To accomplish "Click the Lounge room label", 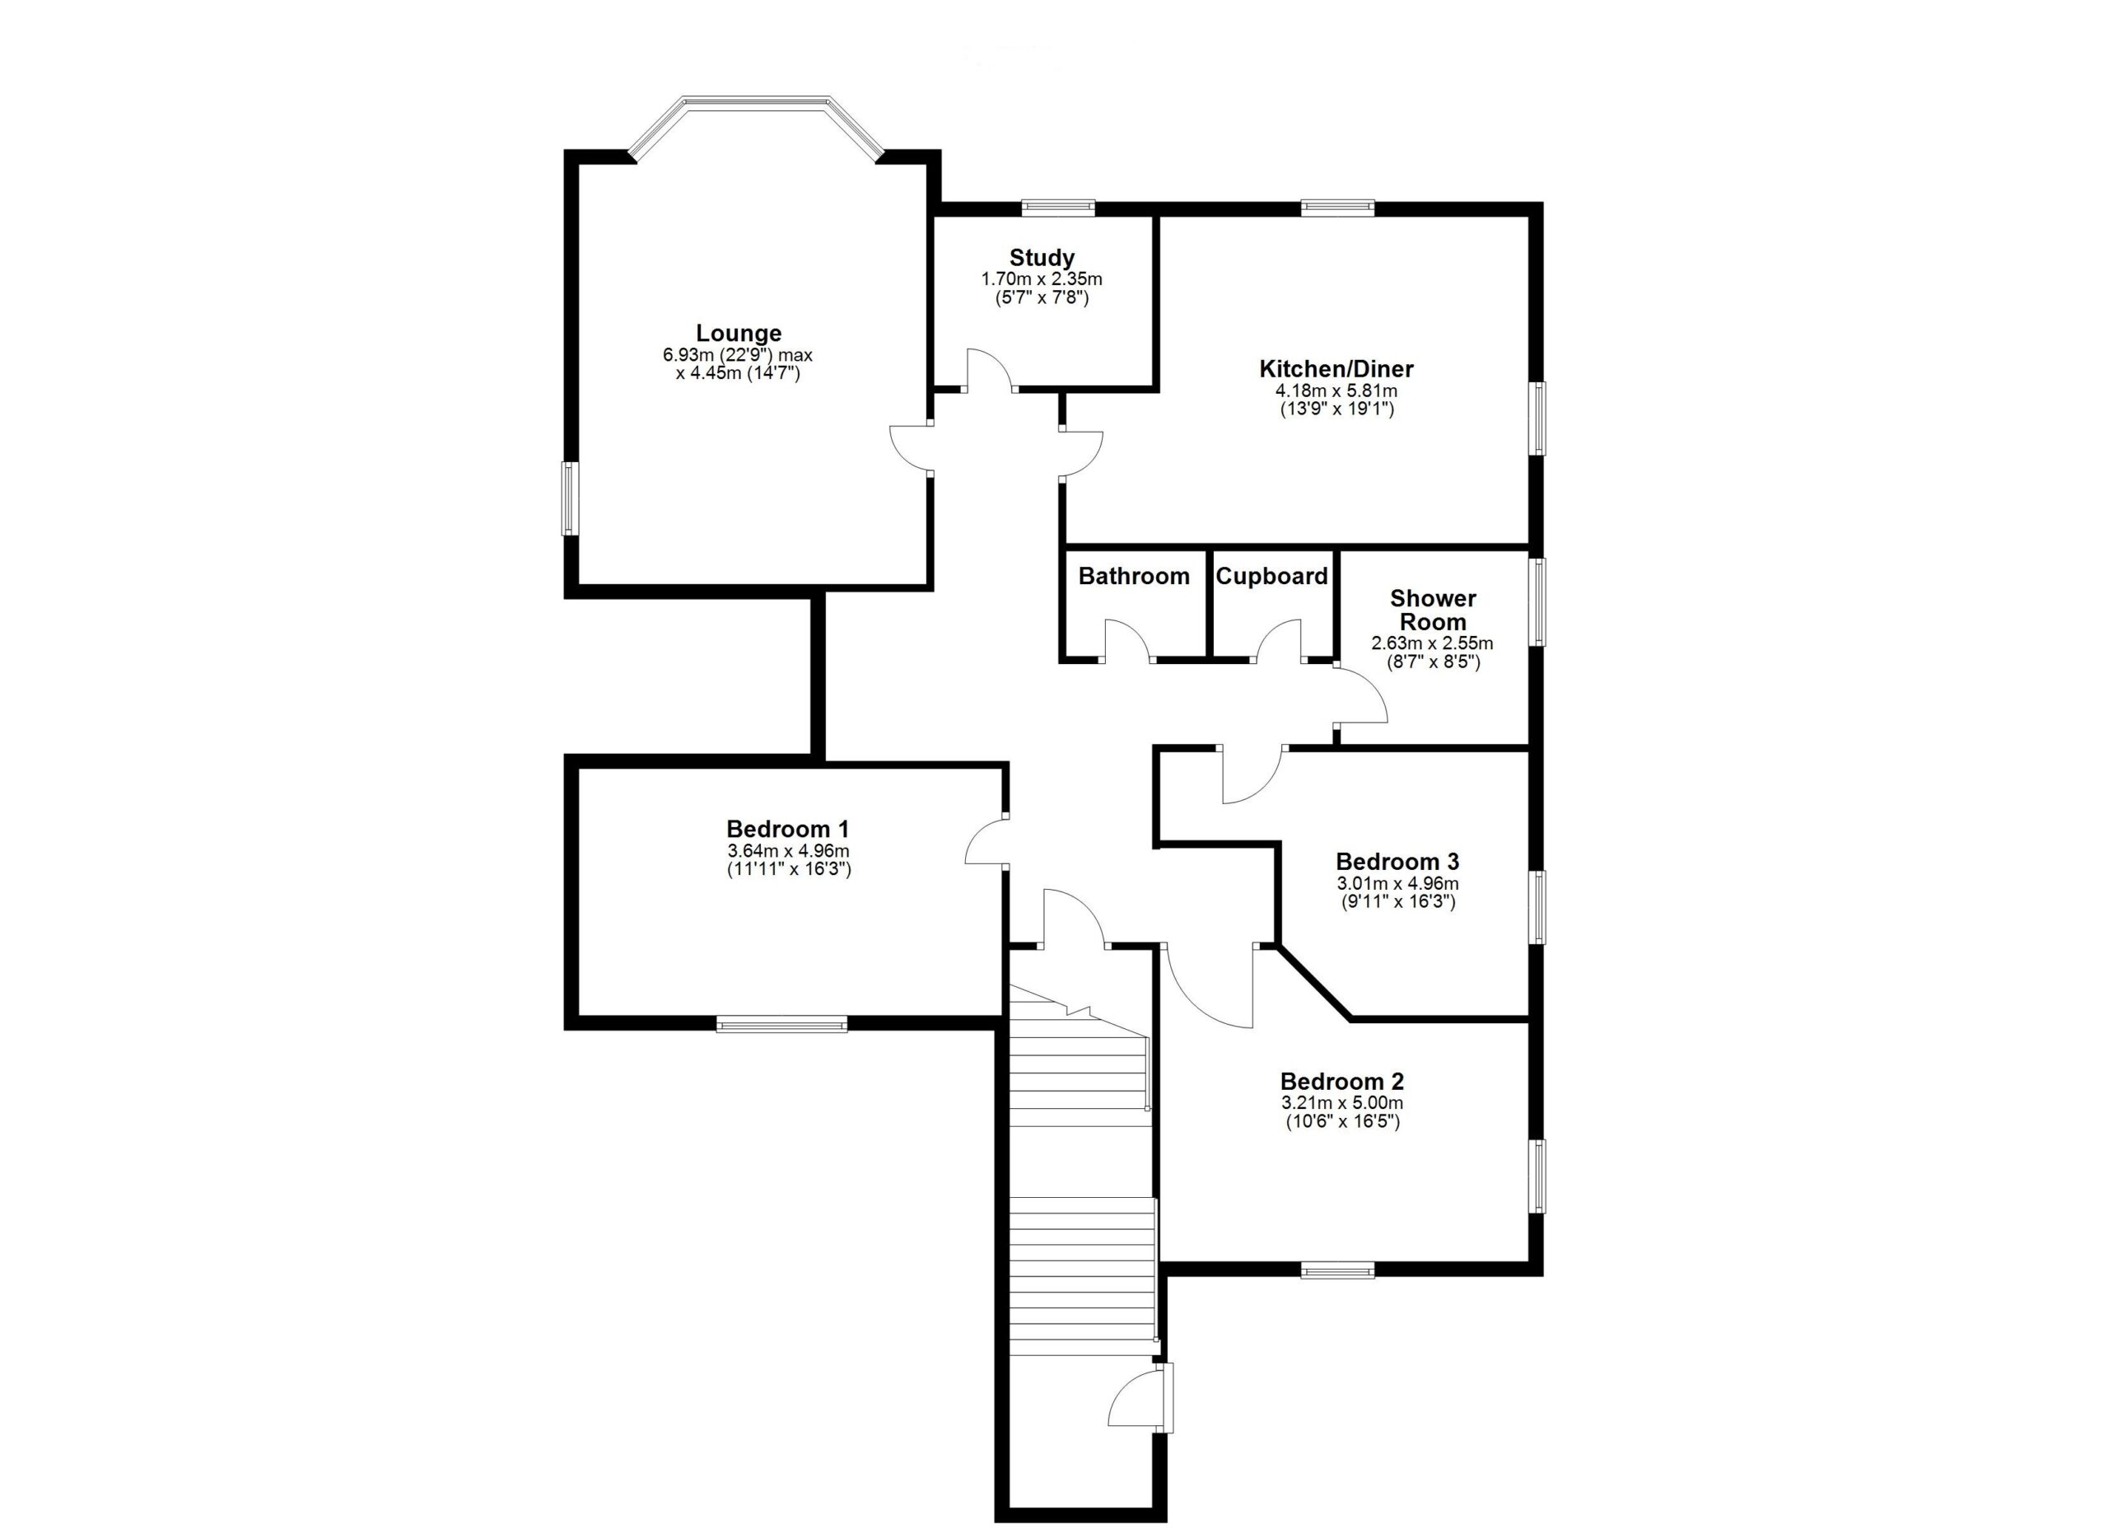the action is [739, 333].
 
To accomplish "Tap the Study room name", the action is [1042, 258].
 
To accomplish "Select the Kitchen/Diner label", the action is [1336, 369].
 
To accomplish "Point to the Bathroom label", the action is [1134, 577].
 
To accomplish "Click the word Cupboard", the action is [1271, 577].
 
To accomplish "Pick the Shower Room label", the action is [1434, 610].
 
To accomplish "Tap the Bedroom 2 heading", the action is [1342, 1081].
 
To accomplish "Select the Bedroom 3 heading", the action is [1398, 862].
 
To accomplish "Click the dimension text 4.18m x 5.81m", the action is [1336, 391].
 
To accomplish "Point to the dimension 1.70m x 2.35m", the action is [1042, 279].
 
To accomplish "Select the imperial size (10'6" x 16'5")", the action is [1342, 1121].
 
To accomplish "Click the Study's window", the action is [1058, 208].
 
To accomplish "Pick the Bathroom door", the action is [1126, 639].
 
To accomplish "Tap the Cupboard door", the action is [1280, 639].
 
